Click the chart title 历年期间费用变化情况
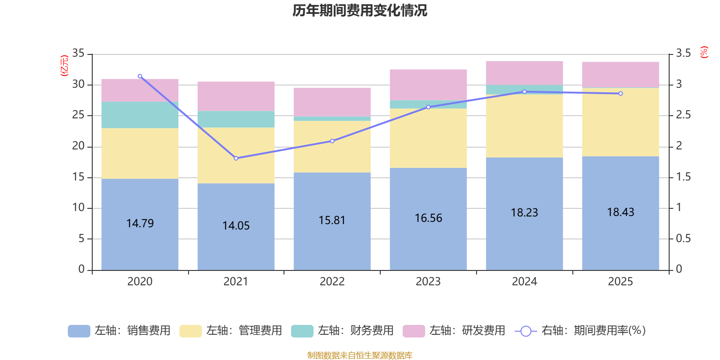pyautogui.click(x=360, y=10)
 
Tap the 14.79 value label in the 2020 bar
pyautogui.click(x=140, y=224)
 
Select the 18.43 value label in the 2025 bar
pyautogui.click(x=620, y=212)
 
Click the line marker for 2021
pyautogui.click(x=236, y=158)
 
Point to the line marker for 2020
pyautogui.click(x=140, y=76)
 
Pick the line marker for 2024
pyautogui.click(x=524, y=92)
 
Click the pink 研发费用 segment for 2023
pyautogui.click(x=428, y=85)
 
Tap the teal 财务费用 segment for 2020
pyautogui.click(x=140, y=115)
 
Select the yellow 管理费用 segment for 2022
pyautogui.click(x=332, y=147)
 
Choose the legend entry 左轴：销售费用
pyautogui.click(x=119, y=331)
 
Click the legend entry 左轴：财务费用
pyautogui.click(x=342, y=331)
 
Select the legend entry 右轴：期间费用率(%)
pyautogui.click(x=580, y=331)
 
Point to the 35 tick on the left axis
pyautogui.click(x=78, y=54)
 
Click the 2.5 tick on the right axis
pyautogui.click(x=683, y=115)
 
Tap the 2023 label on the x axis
pyautogui.click(x=428, y=282)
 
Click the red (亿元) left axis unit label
pyautogui.click(x=64, y=66)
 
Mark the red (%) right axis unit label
pyautogui.click(x=704, y=52)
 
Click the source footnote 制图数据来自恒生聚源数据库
pyautogui.click(x=360, y=355)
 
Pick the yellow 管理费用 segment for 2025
pyautogui.click(x=620, y=122)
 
